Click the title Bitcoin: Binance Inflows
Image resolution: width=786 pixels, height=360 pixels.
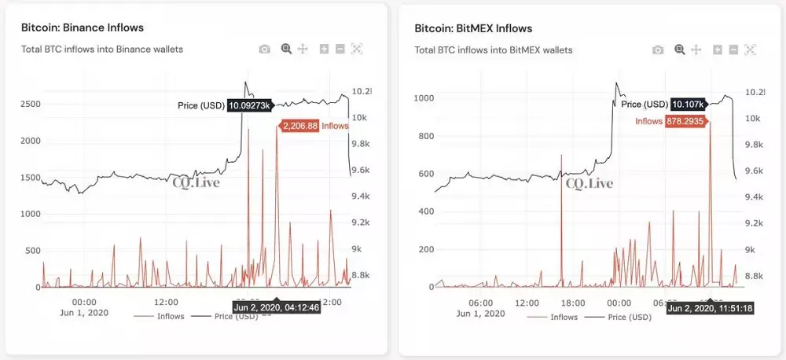83,28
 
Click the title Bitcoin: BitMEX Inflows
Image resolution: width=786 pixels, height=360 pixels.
473,28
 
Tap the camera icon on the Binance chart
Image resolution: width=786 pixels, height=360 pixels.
265,49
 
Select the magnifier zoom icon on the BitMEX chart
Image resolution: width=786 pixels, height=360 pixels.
680,49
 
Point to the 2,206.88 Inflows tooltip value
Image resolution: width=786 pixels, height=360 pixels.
299,126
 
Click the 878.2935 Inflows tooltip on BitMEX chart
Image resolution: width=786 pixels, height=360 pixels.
687,121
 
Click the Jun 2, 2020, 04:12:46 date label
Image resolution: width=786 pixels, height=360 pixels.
276,307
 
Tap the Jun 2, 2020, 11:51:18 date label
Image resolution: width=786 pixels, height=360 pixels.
711,308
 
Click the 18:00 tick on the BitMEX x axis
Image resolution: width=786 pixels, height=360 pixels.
572,303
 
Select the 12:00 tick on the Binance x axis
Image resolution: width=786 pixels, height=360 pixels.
165,302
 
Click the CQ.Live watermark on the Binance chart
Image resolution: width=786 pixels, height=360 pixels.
196,183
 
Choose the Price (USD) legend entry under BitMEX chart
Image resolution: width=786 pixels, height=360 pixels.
629,318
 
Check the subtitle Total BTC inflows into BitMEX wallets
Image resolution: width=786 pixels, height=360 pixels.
494,50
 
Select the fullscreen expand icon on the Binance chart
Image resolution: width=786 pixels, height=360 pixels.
356,49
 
